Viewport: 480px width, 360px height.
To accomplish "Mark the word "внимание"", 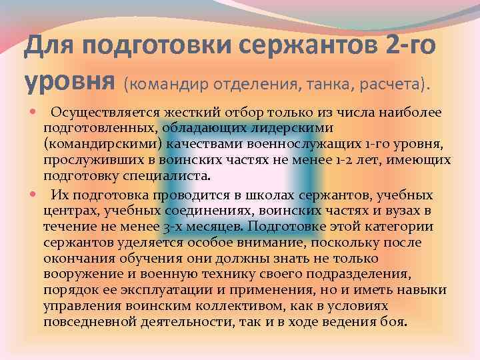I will [x=257, y=243].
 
